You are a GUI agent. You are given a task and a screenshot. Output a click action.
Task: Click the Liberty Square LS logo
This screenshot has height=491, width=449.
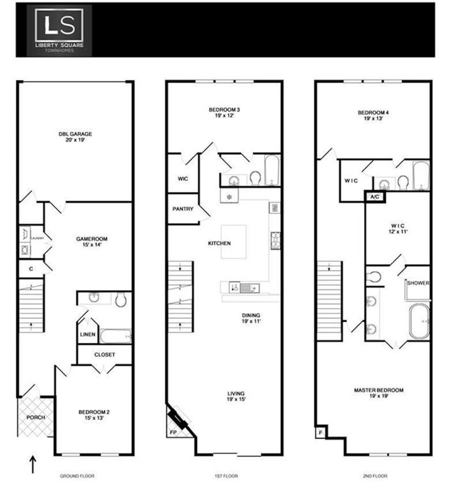coord(59,30)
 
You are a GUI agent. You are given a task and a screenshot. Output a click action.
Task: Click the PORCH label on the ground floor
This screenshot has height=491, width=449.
coord(36,417)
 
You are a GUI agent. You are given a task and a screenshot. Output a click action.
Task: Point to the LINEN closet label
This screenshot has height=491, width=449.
coord(88,334)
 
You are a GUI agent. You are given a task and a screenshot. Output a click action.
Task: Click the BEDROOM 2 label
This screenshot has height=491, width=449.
coord(94,415)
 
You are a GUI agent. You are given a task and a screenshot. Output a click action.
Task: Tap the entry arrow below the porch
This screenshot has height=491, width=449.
coord(33,464)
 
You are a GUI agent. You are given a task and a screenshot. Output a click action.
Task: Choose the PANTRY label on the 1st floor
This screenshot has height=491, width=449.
coord(183,209)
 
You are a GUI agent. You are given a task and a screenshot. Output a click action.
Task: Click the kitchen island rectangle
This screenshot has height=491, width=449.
coord(233,242)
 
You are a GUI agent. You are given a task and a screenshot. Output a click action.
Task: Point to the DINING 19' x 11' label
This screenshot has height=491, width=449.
coord(251,318)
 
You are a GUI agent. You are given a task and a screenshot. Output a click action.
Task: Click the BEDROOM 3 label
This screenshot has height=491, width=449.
coord(224,113)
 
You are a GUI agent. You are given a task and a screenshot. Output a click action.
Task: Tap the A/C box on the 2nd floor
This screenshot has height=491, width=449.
coord(374,197)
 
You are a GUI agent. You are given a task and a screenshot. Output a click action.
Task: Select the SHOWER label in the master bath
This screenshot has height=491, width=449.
coord(418,283)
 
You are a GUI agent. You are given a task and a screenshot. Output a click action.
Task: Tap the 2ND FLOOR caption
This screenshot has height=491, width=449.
coord(374,476)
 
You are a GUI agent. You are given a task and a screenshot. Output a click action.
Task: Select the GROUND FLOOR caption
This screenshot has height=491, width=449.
coord(77,476)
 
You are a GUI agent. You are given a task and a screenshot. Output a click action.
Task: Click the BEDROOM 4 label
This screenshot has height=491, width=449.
coord(373,115)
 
